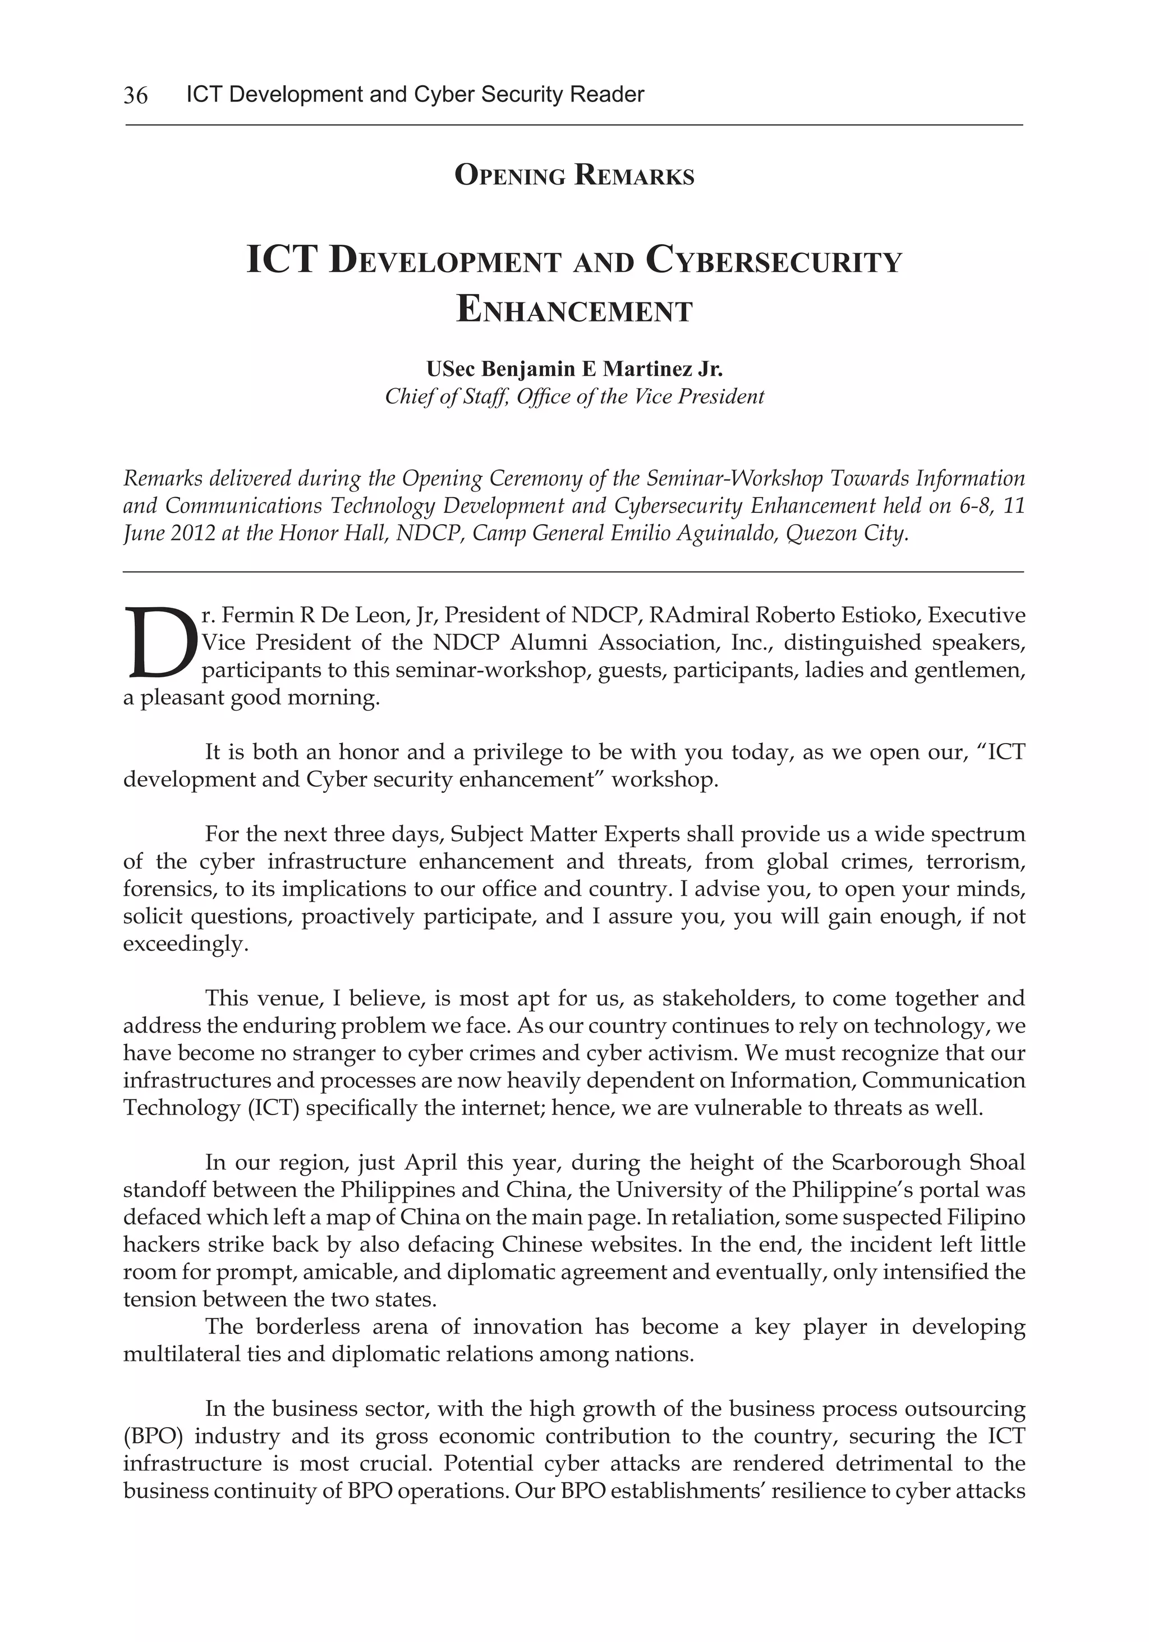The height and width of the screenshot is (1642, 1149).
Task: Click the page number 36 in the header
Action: coord(135,95)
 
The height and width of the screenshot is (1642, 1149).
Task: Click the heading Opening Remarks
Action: coord(574,175)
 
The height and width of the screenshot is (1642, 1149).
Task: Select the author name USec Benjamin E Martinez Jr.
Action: coord(574,369)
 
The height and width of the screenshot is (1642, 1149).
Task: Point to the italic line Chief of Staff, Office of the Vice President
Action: coord(574,396)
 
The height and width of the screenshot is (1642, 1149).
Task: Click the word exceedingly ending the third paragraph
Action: coord(185,944)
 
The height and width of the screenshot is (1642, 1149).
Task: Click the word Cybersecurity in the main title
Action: coord(774,261)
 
